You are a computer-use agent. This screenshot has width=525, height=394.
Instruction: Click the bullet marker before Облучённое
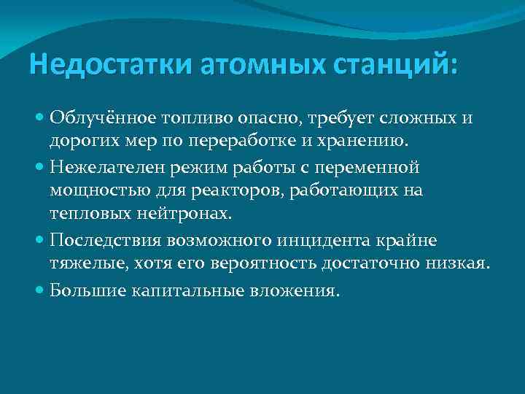(x=39, y=116)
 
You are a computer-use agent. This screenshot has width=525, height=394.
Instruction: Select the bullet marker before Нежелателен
(x=39, y=169)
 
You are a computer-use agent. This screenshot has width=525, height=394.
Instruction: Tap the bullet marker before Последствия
(x=39, y=242)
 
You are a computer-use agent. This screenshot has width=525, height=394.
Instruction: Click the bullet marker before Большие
(x=39, y=291)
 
